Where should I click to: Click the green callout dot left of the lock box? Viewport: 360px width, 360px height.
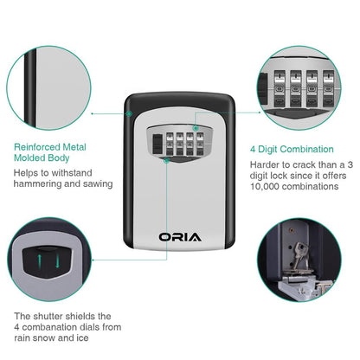point(93,112)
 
